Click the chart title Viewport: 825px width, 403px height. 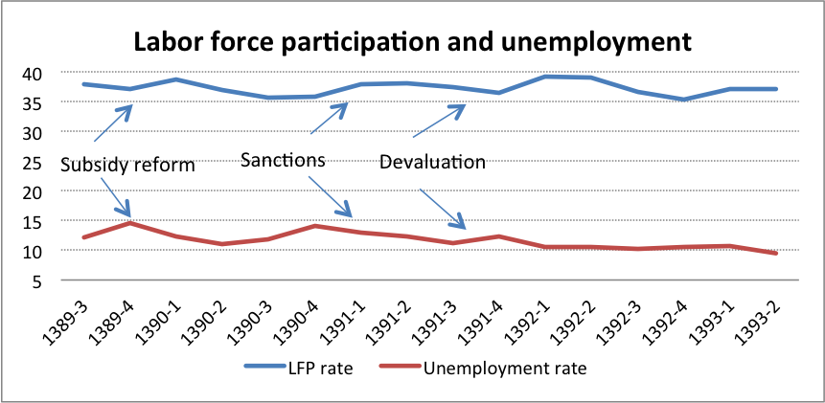[412, 42]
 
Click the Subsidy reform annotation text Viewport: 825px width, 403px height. [127, 165]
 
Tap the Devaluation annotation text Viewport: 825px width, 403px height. [432, 162]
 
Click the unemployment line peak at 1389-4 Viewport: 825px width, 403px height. [130, 223]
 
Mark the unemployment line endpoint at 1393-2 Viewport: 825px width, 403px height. [774, 254]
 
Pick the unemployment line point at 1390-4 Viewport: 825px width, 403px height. [314, 226]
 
